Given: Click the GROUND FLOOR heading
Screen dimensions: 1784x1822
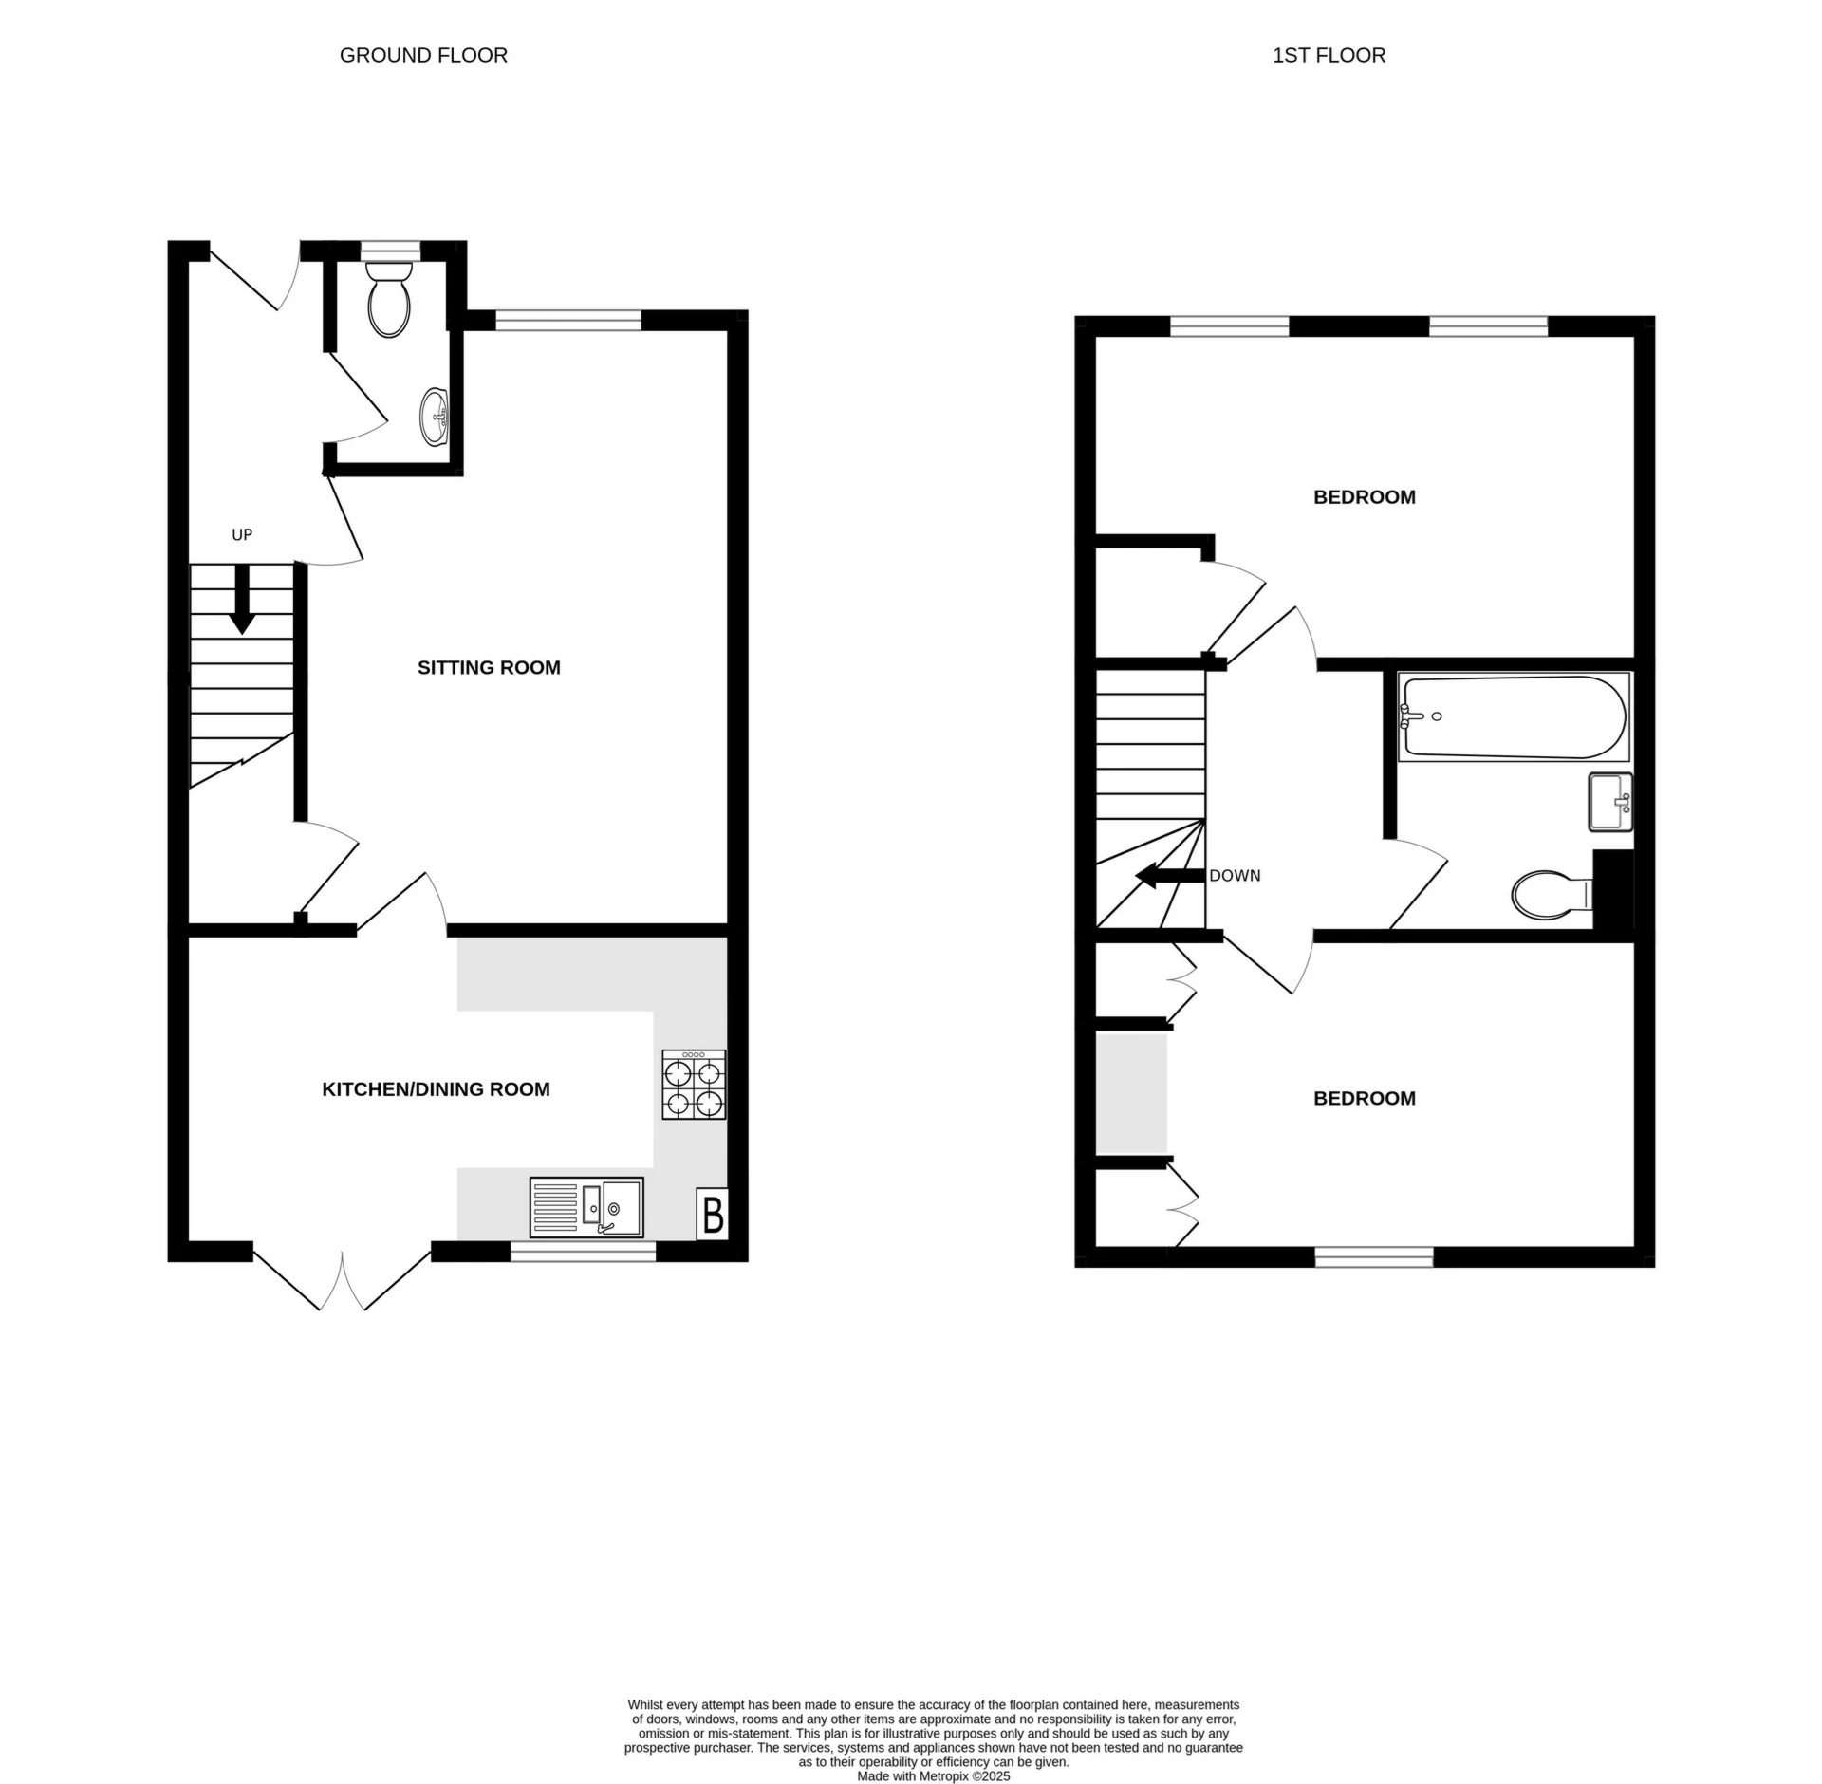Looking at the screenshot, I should coord(423,56).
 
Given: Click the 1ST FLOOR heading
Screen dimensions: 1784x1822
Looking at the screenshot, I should coord(1329,56).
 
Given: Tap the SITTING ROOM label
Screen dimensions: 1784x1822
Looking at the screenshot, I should coord(489,668).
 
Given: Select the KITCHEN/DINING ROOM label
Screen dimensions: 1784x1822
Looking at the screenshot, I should coord(436,1089).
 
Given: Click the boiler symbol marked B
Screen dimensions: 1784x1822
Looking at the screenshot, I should coord(713,1214).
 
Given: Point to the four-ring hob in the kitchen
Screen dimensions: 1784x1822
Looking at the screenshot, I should coord(694,1085).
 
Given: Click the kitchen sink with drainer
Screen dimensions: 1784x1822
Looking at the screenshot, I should coord(586,1207).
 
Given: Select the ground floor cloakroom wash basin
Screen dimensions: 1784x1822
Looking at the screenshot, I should coord(436,416).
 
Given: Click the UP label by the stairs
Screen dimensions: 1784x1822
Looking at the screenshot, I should coord(242,535).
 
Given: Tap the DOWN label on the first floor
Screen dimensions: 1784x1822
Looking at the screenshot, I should coord(1235,876).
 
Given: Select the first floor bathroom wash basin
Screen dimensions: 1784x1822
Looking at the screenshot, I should coord(1609,802).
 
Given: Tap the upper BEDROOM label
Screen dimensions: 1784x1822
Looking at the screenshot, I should coord(1364,497).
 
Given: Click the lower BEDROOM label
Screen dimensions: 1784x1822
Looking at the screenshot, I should coord(1364,1099).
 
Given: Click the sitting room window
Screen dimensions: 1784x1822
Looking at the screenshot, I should coord(568,322).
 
